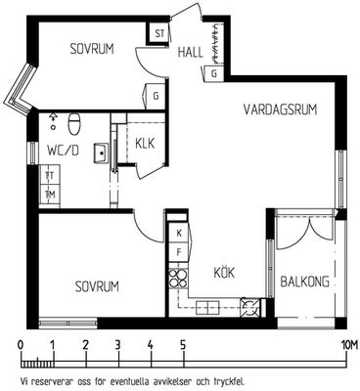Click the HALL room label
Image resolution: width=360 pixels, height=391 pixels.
coord(191,52)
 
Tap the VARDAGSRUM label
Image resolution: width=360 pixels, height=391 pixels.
coord(281,109)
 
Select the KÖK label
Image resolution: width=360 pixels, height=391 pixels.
coord(224,272)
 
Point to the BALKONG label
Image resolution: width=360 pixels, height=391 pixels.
coord(305,282)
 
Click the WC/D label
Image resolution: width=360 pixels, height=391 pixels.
coord(63,151)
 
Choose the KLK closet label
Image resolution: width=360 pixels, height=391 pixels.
coord(145,144)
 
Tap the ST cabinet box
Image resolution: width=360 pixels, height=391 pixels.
coord(159,33)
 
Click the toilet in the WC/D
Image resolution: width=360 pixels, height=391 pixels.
coord(73,124)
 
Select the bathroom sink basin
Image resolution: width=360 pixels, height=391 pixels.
coord(101,152)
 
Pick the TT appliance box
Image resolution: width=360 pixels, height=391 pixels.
coord(50,176)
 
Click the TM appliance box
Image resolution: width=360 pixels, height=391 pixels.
coord(50,195)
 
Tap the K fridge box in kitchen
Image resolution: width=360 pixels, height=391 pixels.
coord(179,233)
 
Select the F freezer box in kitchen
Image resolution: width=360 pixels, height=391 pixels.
coord(179,252)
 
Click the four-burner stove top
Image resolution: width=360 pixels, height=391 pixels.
coord(178,279)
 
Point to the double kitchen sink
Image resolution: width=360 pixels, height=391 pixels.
coord(207,307)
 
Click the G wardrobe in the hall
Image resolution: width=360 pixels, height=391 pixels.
coord(214,73)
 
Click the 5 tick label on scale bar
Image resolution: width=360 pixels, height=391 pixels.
coord(183,344)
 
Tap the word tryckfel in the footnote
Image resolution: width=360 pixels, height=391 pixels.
coord(231,381)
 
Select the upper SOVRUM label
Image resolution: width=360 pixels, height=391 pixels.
coord(92,49)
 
